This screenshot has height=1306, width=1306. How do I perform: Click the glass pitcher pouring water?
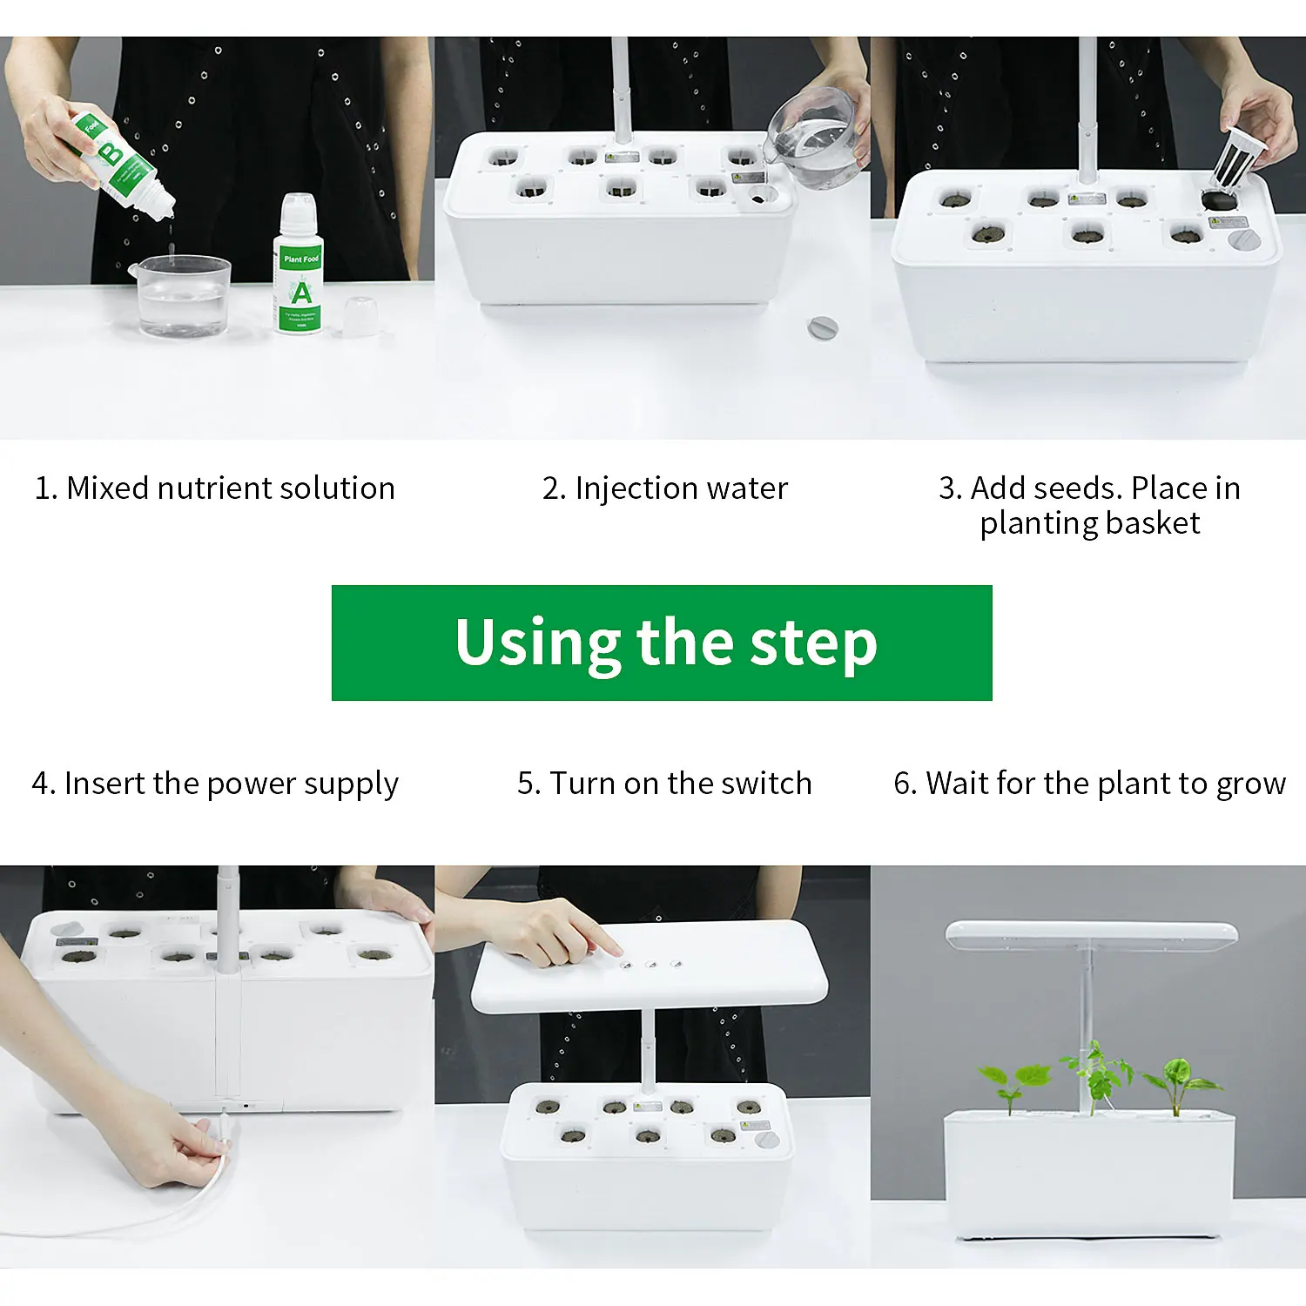811,139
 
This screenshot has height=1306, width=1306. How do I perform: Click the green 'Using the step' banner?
662,643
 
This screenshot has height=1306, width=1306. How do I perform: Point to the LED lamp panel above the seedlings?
1091,934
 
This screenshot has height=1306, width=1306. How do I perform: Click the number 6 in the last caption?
903,784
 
